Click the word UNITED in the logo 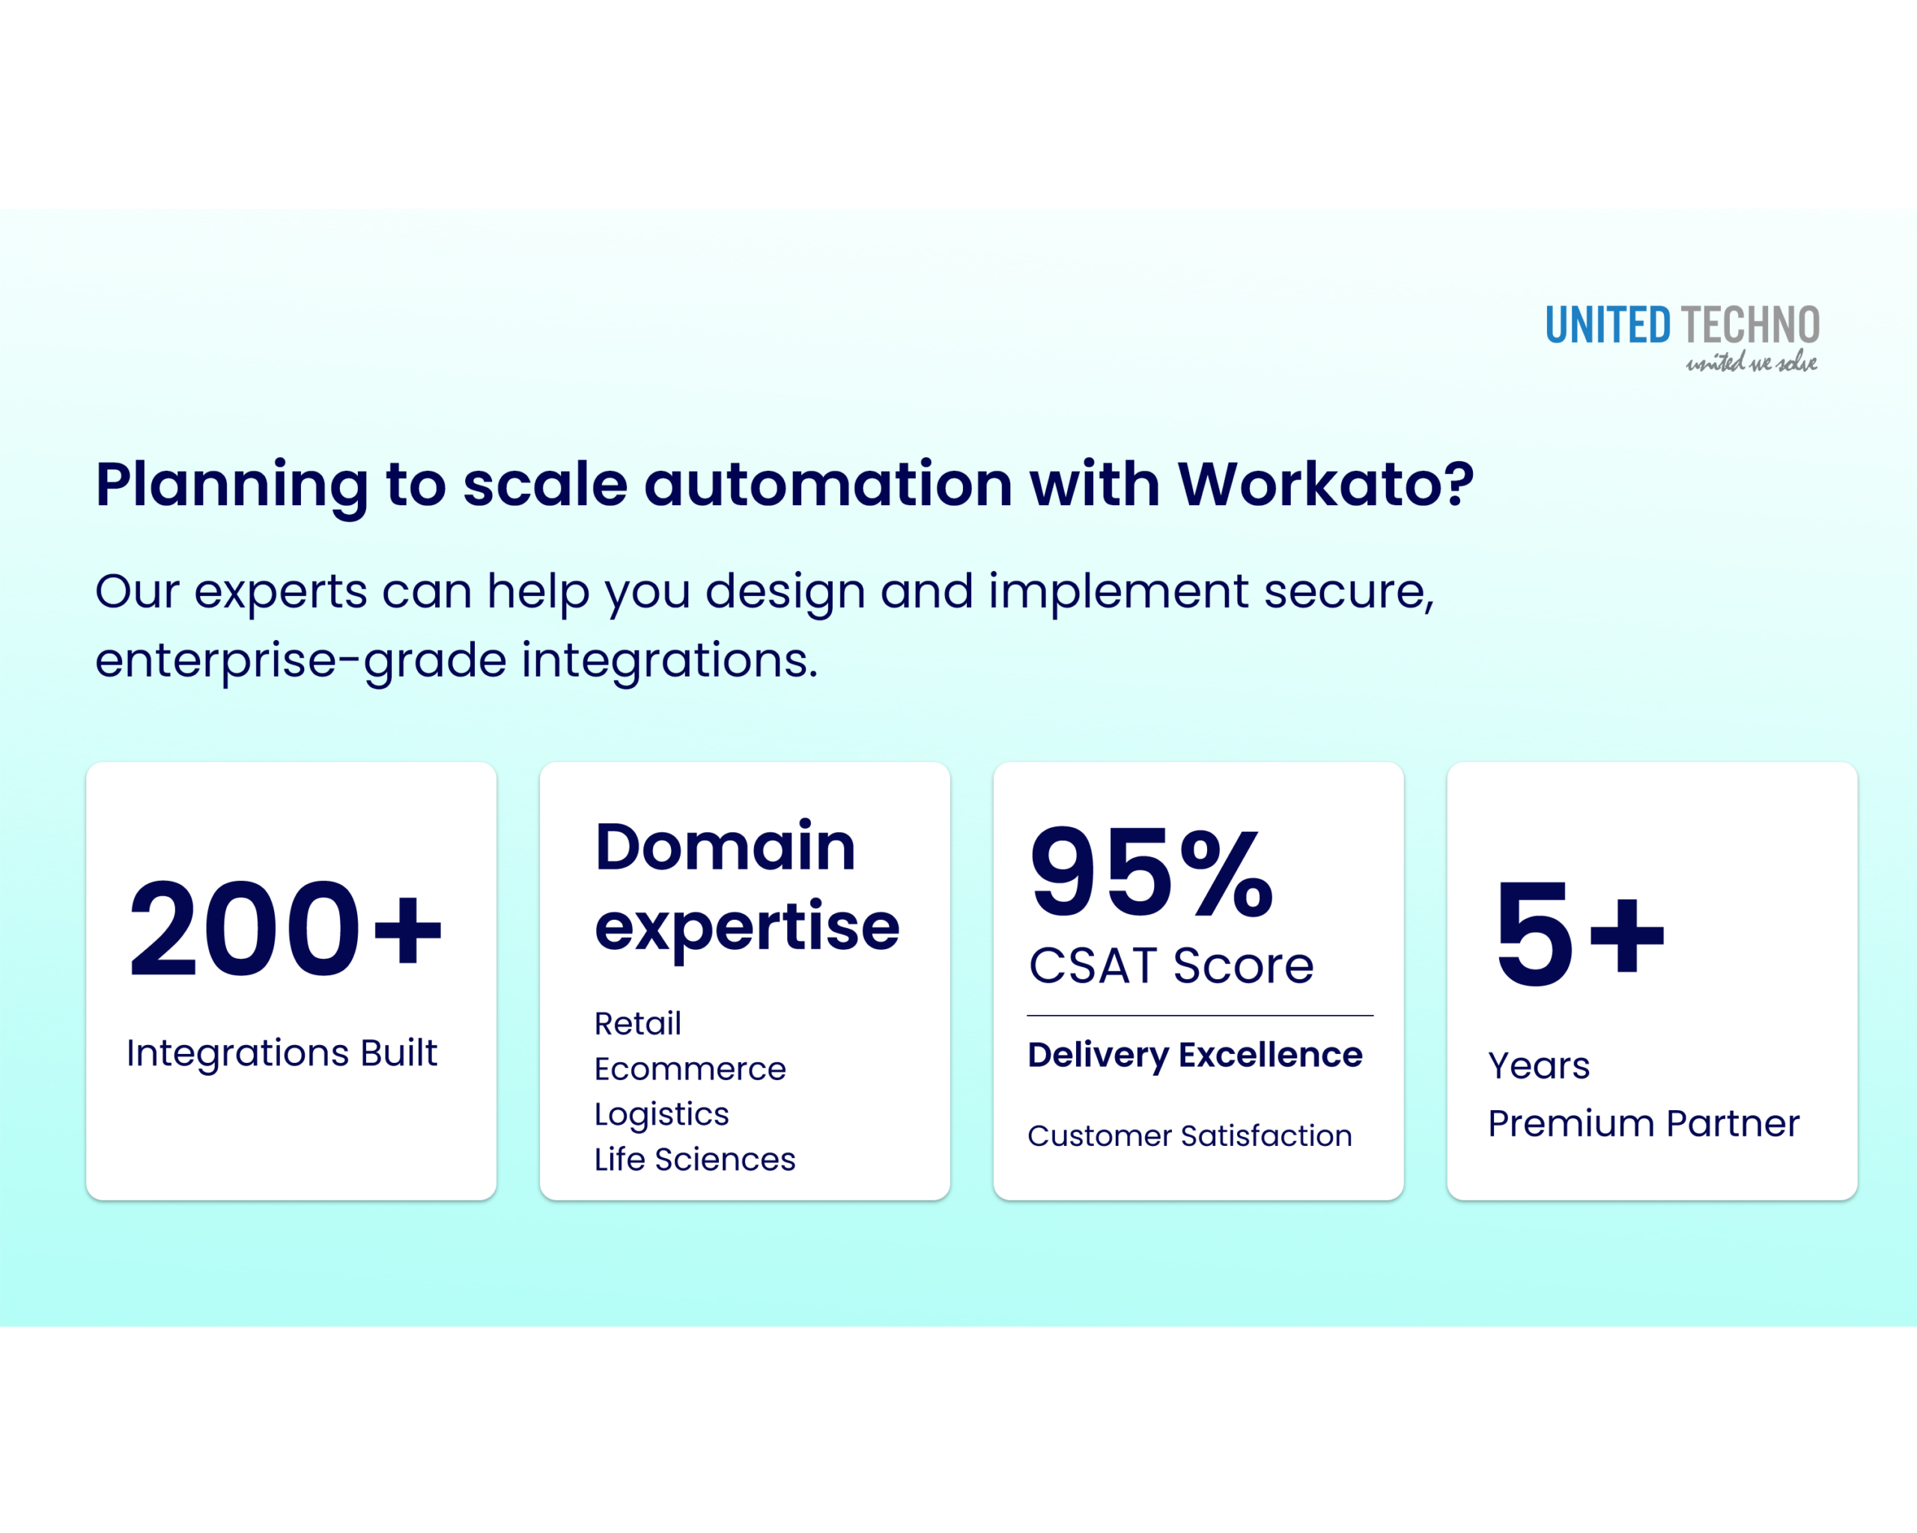tap(1608, 326)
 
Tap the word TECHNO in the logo tap(1750, 326)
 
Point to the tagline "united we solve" tap(1751, 362)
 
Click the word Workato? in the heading tap(1325, 484)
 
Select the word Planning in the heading tap(231, 486)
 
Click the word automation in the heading tap(827, 484)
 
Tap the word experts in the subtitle tap(280, 592)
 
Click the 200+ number tap(284, 929)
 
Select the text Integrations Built tap(282, 1053)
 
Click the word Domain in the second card tap(725, 846)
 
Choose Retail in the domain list tap(637, 1024)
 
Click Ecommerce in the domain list tap(690, 1069)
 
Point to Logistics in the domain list tap(661, 1115)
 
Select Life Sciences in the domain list tap(694, 1159)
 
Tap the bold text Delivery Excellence tap(1194, 1055)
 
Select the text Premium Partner tap(1643, 1124)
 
